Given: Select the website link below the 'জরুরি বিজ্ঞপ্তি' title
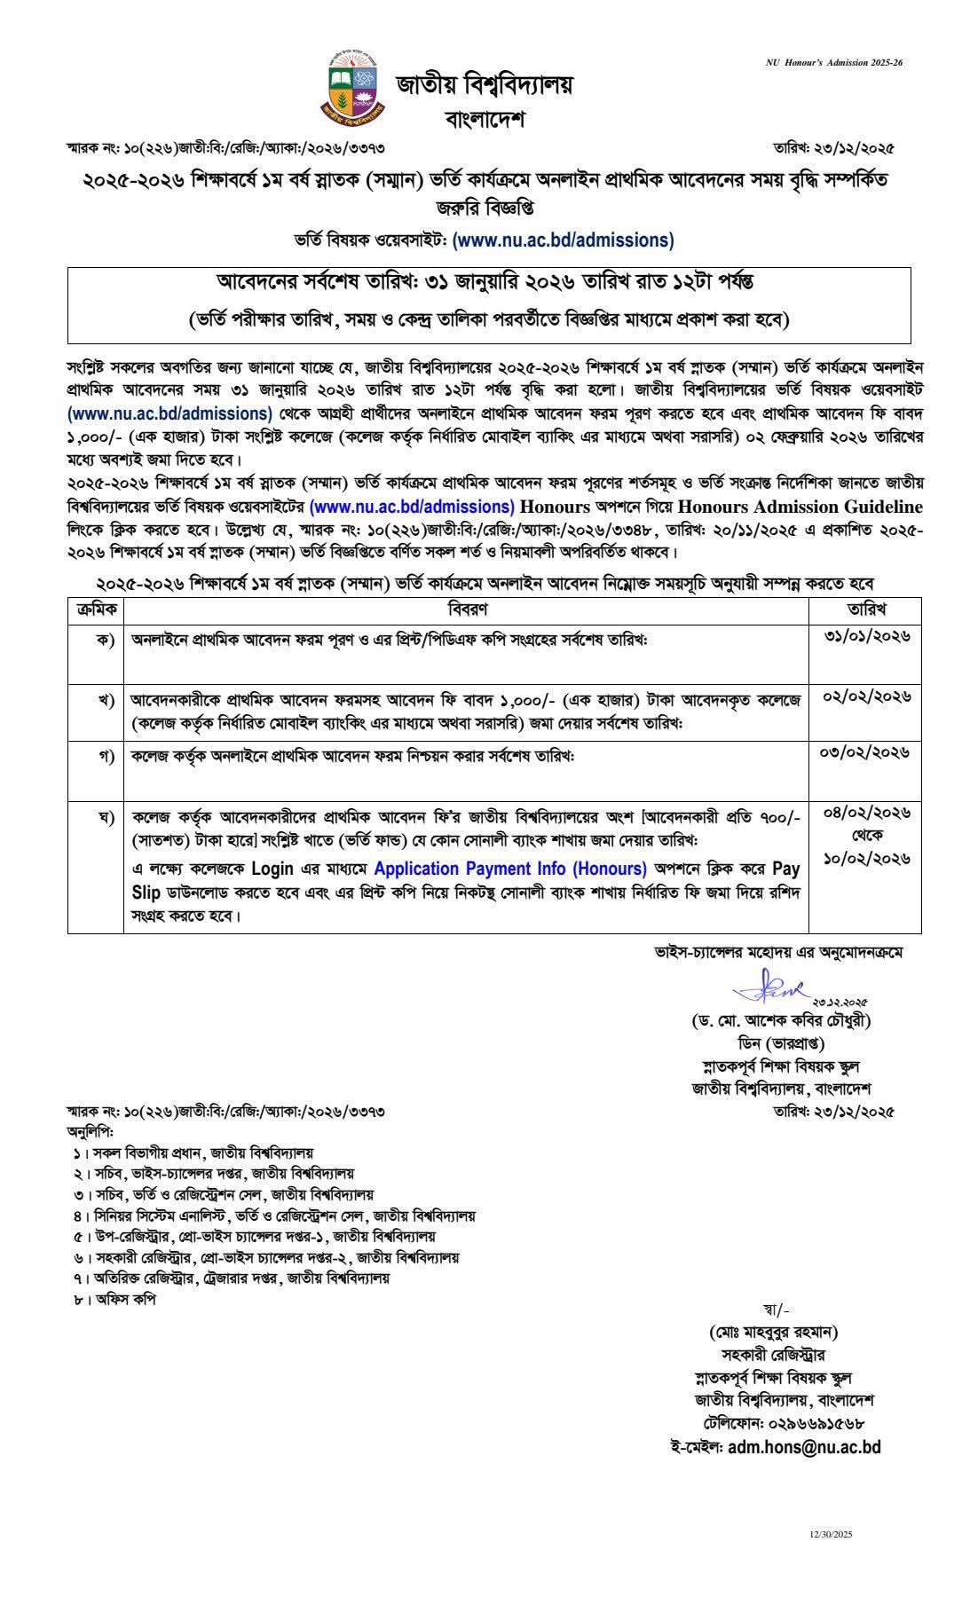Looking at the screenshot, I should [563, 240].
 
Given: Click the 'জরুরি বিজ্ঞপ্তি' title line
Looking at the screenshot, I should [485, 209].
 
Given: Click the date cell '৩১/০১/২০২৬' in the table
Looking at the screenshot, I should [864, 636].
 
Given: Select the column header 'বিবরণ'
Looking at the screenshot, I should [466, 610].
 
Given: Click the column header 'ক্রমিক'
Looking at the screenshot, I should [95, 610].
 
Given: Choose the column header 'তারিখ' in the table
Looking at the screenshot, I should [864, 610].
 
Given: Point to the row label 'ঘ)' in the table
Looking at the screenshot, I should [106, 814].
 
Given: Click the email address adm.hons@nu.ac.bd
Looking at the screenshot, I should [804, 1447].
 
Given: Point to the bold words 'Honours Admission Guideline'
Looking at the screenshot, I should [800, 507].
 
